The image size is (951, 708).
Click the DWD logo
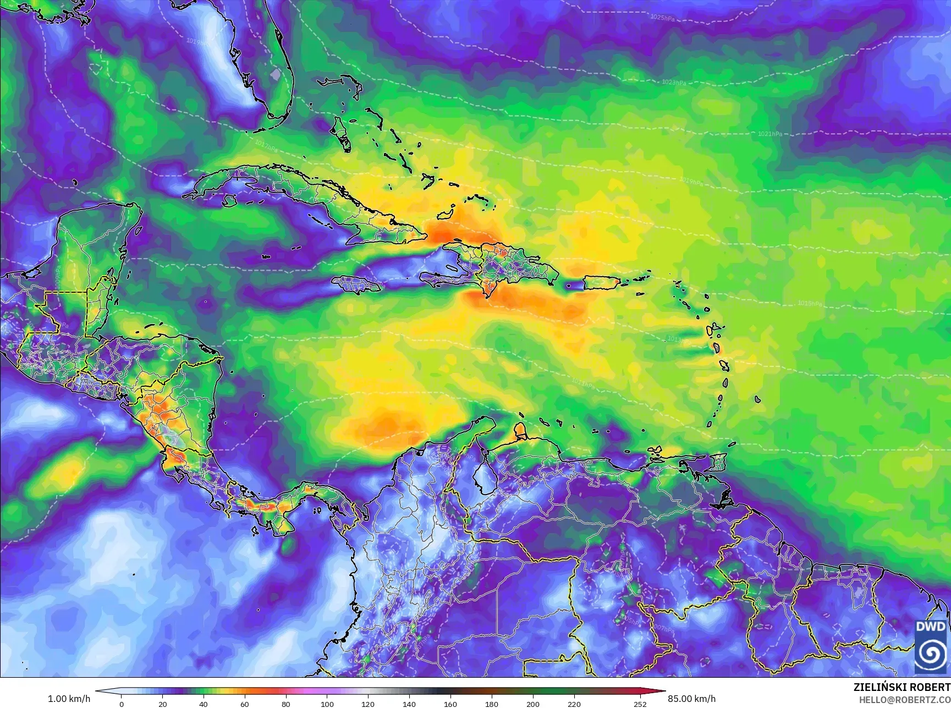click(931, 646)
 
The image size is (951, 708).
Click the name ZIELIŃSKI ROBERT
click(901, 687)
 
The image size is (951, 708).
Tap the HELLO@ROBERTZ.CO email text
click(904, 699)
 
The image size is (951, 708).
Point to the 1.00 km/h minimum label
click(69, 699)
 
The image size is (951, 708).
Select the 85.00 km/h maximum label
click(691, 699)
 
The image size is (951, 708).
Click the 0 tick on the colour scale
click(122, 704)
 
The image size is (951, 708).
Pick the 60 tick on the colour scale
click(245, 704)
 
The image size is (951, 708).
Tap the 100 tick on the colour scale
click(327, 704)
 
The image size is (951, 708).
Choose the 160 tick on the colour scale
click(450, 704)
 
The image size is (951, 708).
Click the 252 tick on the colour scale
click(640, 704)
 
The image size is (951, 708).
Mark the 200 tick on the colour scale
click(532, 704)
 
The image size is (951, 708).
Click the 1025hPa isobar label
click(662, 18)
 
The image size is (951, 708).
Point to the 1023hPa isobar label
click(674, 83)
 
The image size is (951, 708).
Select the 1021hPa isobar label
click(769, 134)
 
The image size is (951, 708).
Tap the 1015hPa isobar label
click(810, 304)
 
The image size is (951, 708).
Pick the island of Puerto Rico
click(601, 283)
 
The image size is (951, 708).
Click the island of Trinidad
click(717, 463)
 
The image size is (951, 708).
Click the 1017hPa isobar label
click(266, 146)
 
